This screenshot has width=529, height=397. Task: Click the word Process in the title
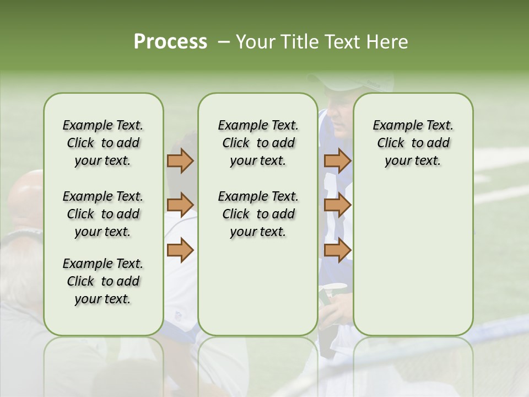pyautogui.click(x=170, y=42)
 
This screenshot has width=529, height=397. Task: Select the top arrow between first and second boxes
pyautogui.click(x=180, y=160)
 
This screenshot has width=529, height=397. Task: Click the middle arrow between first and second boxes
pyautogui.click(x=180, y=205)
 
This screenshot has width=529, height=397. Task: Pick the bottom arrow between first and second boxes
pyautogui.click(x=180, y=250)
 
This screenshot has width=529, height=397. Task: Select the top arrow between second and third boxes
pyautogui.click(x=337, y=160)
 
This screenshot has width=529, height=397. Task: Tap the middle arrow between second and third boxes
pyautogui.click(x=337, y=205)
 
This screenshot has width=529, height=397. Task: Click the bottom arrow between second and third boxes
pyautogui.click(x=337, y=250)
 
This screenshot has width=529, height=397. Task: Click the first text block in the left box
pyautogui.click(x=103, y=143)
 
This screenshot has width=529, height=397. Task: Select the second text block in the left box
pyautogui.click(x=103, y=214)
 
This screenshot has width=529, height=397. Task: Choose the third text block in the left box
pyautogui.click(x=103, y=281)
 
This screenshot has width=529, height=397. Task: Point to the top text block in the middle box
pyautogui.click(x=258, y=143)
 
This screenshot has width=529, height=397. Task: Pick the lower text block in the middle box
pyautogui.click(x=258, y=214)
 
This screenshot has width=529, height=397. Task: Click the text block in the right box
pyautogui.click(x=413, y=143)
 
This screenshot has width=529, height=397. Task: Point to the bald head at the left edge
pyautogui.click(x=25, y=196)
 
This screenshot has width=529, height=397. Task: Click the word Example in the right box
pyautogui.click(x=393, y=126)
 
